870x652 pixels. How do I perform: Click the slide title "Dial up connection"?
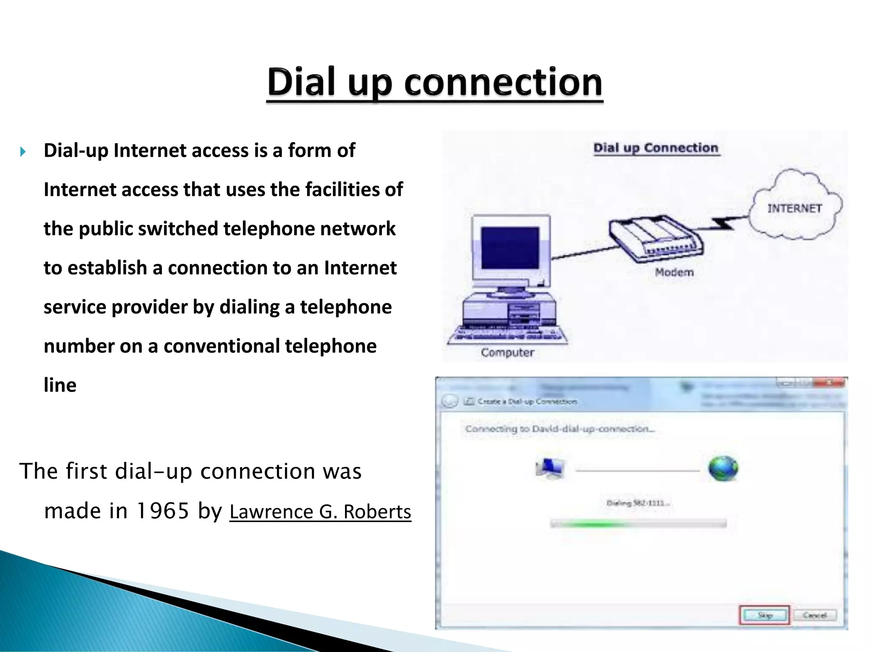pos(435,82)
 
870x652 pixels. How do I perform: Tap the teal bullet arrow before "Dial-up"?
pos(23,152)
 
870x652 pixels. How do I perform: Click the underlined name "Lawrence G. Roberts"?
pos(320,511)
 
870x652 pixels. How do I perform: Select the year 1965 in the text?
pos(162,511)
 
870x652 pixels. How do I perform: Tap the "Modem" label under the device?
pos(674,272)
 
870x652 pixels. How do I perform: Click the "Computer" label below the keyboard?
pos(507,352)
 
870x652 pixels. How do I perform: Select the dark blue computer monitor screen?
pos(510,248)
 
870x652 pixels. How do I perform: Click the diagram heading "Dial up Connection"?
pos(656,148)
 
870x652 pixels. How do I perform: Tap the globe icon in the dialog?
pos(723,469)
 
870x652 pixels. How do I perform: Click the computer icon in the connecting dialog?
pos(550,469)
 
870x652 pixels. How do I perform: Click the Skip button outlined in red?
pos(765,615)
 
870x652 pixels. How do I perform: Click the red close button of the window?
pos(829,383)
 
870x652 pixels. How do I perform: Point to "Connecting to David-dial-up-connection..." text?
pos(560,429)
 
